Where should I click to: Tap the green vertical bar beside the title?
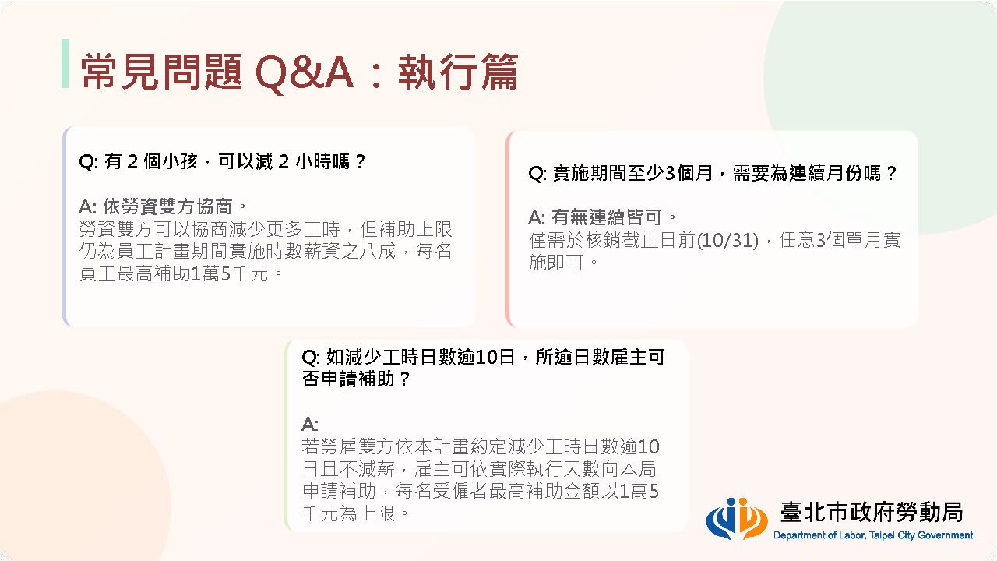65,63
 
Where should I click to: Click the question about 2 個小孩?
222,161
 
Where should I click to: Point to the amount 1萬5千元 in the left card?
230,273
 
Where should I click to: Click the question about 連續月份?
712,173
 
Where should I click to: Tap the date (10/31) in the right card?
727,241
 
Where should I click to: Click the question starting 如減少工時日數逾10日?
483,368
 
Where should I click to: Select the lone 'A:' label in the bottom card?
310,424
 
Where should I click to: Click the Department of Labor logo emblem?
737,518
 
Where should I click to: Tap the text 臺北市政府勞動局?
872,512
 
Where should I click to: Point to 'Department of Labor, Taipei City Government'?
873,535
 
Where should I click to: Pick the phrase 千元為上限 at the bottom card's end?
348,513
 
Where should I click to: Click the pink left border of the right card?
507,229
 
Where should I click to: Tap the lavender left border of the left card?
65,227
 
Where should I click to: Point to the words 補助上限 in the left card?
415,229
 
